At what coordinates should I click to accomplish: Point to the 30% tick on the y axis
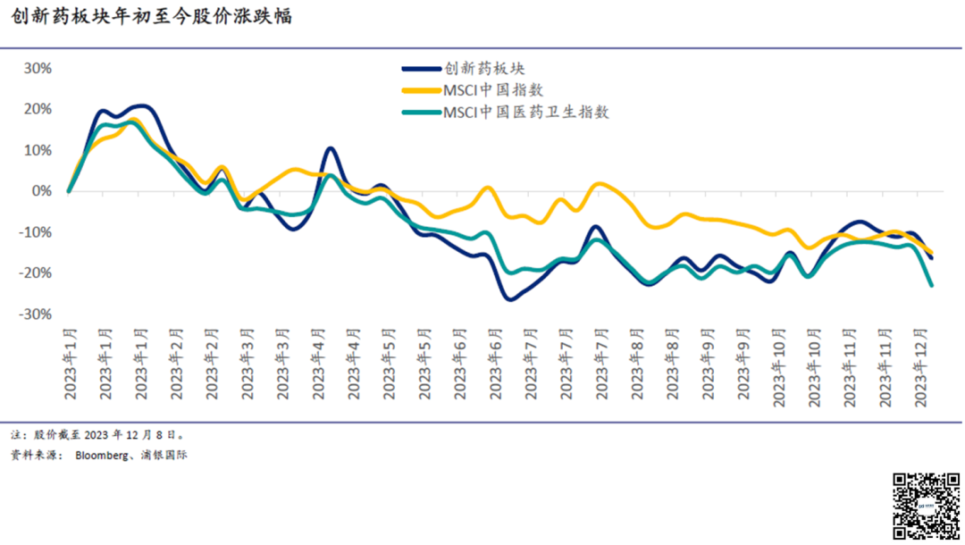tap(38, 68)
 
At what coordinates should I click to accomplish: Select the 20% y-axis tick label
tap(38, 109)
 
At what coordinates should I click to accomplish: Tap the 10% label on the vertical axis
tap(38, 150)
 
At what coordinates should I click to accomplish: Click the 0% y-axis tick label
tap(42, 191)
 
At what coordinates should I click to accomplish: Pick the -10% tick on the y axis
tap(36, 232)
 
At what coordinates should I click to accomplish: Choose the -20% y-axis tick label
tap(36, 273)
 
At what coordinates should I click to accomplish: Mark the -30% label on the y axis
tap(36, 314)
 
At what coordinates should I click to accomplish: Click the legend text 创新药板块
tap(484, 68)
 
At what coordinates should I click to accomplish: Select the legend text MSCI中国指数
tap(493, 90)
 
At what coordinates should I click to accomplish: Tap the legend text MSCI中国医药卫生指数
tap(526, 113)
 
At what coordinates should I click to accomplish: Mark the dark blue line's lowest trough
tap(510, 299)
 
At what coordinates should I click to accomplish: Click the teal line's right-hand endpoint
tap(932, 285)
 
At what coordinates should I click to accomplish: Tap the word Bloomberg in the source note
tap(102, 455)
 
